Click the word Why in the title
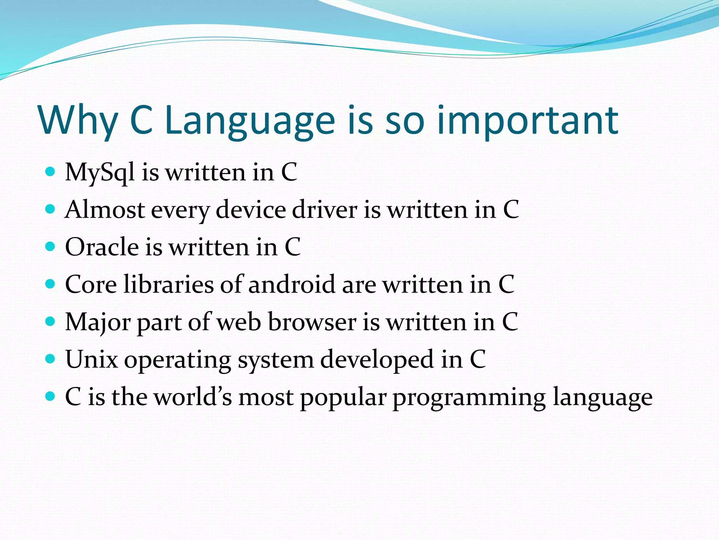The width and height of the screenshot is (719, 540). [x=78, y=121]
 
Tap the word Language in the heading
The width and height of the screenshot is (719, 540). [x=250, y=121]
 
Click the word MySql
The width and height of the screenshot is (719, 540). [x=100, y=173]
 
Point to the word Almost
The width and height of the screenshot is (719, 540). [x=105, y=210]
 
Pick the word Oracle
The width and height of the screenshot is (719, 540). [x=102, y=247]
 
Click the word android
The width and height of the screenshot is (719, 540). [x=292, y=284]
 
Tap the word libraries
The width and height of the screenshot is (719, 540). [x=169, y=284]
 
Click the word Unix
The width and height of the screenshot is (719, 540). [x=91, y=360]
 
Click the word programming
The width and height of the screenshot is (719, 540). [x=469, y=397]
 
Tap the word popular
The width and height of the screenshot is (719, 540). [x=343, y=397]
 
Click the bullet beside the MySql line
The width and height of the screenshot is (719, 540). [x=51, y=172]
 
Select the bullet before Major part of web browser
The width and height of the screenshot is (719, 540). [x=51, y=321]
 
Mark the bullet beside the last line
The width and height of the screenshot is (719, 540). [x=51, y=397]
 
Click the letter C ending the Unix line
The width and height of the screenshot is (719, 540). [x=478, y=360]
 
